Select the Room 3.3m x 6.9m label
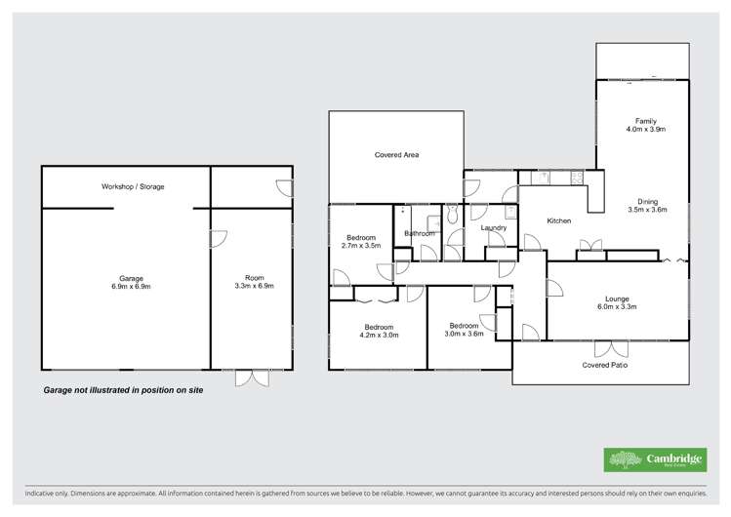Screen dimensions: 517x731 254,283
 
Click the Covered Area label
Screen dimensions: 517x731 396,154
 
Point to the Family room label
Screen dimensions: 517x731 646,125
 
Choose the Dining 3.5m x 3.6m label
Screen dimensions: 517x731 646,206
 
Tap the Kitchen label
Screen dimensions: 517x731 558,221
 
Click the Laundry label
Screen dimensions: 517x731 494,228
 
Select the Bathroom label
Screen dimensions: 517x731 419,233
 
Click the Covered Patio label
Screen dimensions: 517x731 605,365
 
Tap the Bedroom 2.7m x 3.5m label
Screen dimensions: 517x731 361,242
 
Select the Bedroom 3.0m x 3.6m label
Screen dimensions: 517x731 463,330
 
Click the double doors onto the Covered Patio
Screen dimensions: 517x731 611,348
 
